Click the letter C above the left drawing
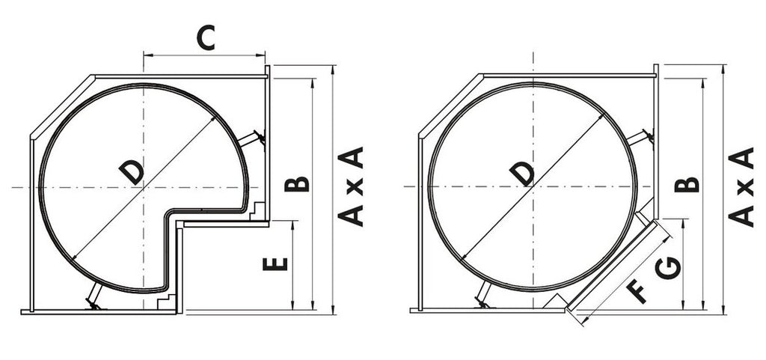(x=206, y=39)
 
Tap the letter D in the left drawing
(x=132, y=172)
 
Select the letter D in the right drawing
(x=521, y=174)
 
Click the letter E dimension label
(x=275, y=264)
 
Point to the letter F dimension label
(x=637, y=291)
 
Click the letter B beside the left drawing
(x=296, y=184)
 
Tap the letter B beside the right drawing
(x=687, y=185)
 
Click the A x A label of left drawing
(x=351, y=186)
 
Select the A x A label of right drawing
(x=741, y=186)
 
